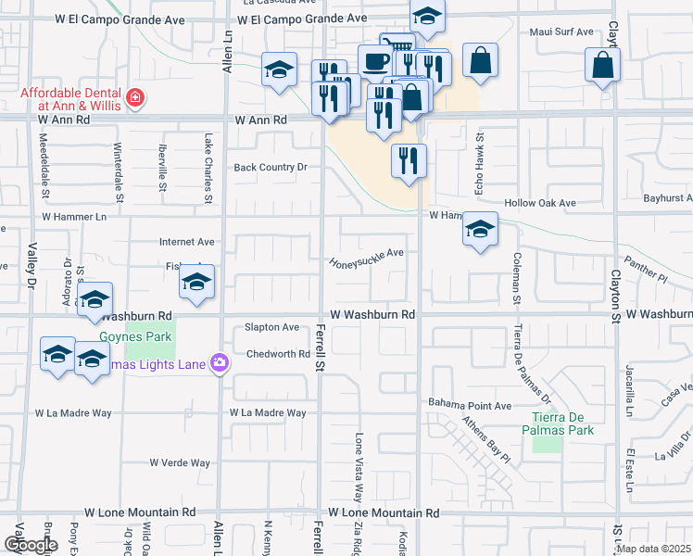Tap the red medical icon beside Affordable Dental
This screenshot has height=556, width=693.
coord(136,97)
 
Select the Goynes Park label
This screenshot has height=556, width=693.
coord(125,339)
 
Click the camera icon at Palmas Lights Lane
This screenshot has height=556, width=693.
coord(220,362)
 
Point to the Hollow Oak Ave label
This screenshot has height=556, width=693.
coord(540,203)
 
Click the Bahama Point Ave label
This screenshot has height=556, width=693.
coord(470,405)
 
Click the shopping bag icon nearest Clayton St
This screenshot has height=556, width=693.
coord(602,66)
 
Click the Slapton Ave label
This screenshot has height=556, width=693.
coord(271,327)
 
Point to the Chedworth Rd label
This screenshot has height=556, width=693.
coord(278,354)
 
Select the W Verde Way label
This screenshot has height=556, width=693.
coord(180,462)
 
